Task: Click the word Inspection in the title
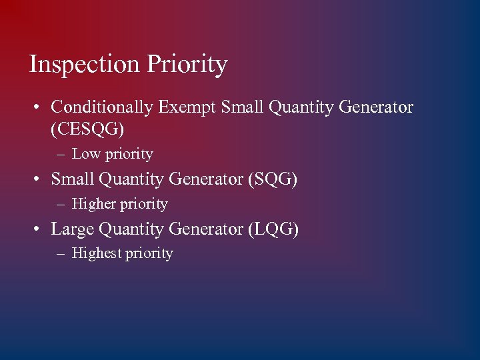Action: (x=85, y=65)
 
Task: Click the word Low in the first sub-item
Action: (x=85, y=154)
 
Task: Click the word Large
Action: (x=73, y=229)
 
